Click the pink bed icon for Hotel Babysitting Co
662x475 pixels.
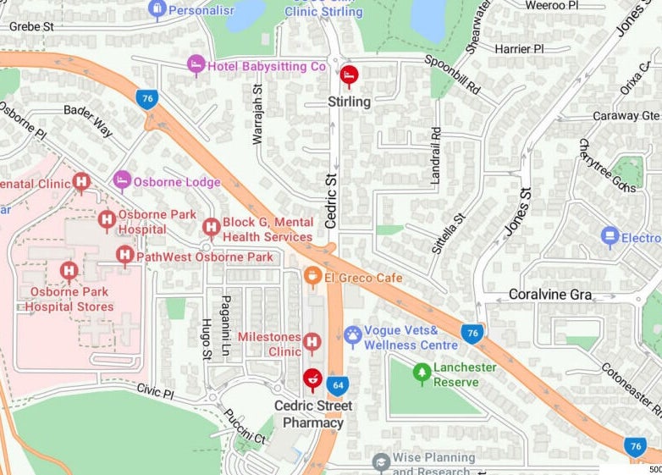[x=196, y=65]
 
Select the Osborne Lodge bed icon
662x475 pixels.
[x=123, y=180]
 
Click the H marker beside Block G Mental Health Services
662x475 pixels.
[x=212, y=227]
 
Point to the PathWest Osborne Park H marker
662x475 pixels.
[x=124, y=255]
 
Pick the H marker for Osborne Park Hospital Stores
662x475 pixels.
[x=69, y=271]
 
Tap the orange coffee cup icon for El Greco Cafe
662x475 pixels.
[x=312, y=276]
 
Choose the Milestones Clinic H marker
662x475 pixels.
[x=312, y=342]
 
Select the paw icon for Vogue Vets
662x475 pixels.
[x=353, y=335]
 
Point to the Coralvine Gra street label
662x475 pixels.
[x=549, y=295]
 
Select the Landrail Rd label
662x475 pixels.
[x=436, y=156]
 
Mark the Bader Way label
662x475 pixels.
[x=88, y=121]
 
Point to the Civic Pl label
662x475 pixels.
[x=155, y=392]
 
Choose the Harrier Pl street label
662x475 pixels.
[x=519, y=49]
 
